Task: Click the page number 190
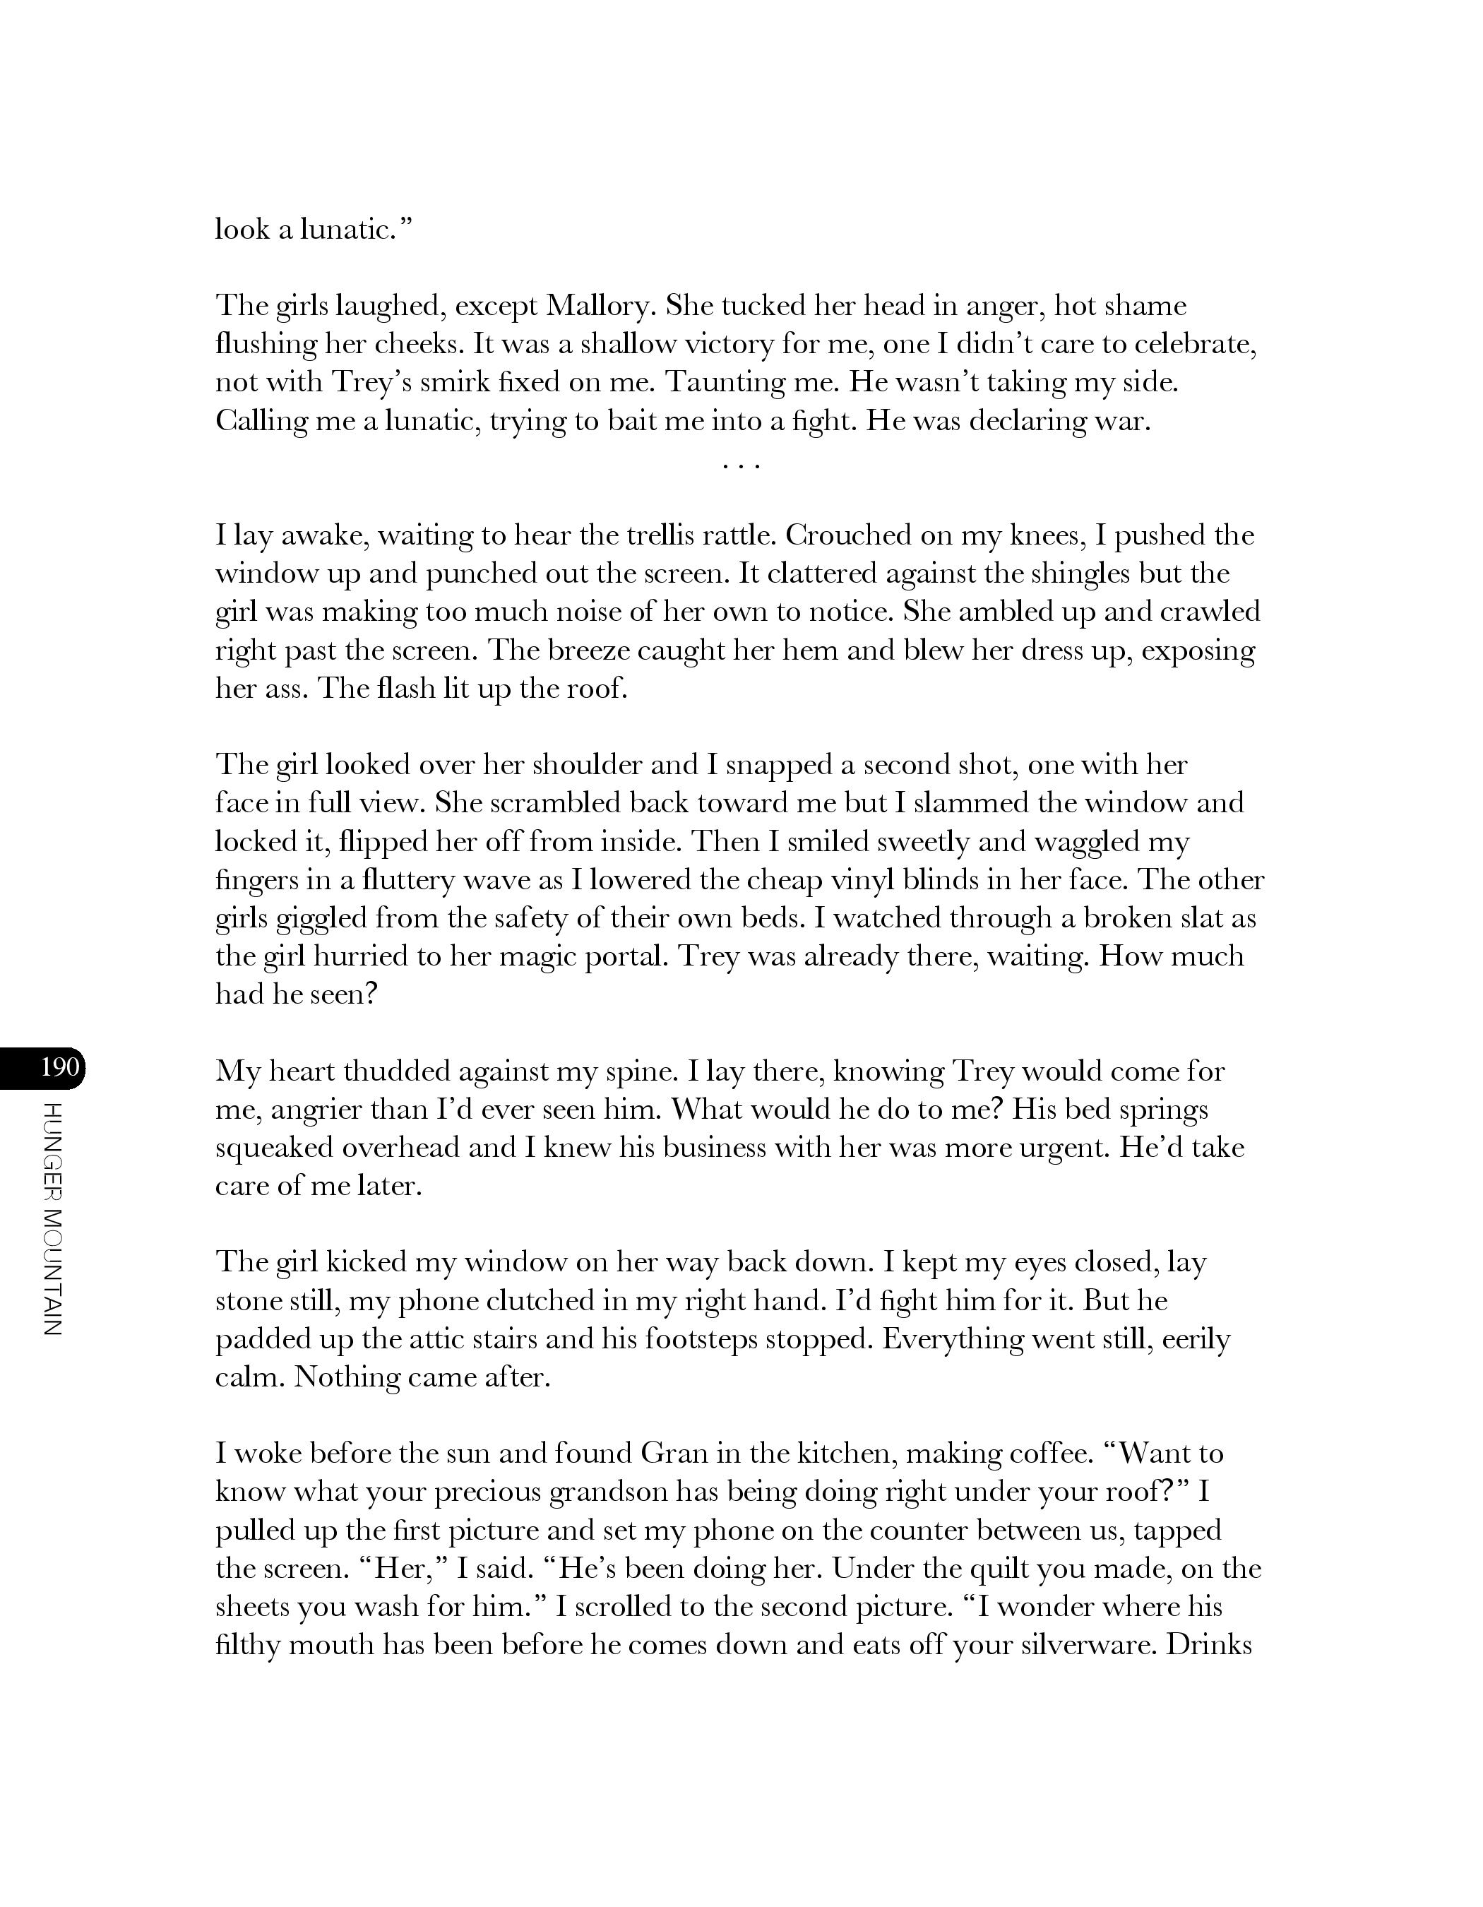(x=59, y=1067)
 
